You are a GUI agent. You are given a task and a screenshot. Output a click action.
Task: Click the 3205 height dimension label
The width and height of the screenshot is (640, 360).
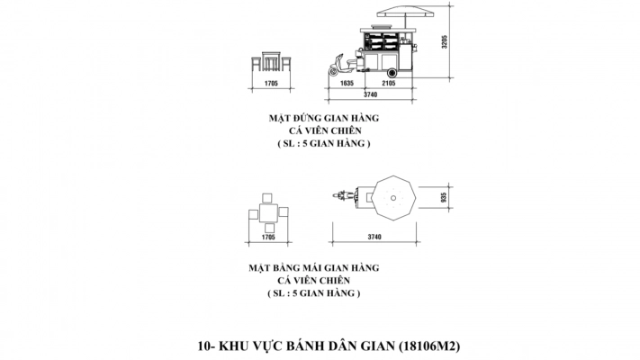(x=445, y=41)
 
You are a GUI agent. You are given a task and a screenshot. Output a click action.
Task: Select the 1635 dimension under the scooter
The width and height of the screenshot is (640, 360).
(x=347, y=84)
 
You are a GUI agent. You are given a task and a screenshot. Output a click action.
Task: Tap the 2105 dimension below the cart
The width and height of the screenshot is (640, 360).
(x=389, y=84)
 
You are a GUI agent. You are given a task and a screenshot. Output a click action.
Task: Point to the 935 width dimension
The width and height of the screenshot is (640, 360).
(x=444, y=198)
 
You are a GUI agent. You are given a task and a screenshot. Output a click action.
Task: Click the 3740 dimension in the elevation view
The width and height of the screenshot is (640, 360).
(x=371, y=94)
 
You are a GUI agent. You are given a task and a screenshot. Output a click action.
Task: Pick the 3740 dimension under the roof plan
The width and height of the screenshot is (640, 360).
(x=374, y=237)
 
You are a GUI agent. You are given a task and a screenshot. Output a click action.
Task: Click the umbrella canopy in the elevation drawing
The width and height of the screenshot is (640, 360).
(x=406, y=12)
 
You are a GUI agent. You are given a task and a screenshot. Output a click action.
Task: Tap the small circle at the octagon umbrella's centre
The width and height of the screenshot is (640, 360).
(x=393, y=198)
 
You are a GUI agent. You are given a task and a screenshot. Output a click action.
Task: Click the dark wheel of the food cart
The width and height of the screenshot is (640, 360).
(x=392, y=73)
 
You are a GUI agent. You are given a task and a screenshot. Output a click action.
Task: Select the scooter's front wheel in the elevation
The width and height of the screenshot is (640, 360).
(x=333, y=72)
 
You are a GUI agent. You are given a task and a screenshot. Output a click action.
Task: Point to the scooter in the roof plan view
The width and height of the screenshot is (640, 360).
(x=344, y=195)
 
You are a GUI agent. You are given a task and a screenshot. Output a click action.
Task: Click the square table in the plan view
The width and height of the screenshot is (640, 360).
(x=268, y=213)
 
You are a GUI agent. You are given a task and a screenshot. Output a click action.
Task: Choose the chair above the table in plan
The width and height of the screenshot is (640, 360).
(x=267, y=198)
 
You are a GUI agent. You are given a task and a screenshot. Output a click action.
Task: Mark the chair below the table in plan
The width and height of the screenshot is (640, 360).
(x=269, y=228)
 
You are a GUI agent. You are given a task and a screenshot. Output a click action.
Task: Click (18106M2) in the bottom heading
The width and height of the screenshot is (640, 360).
(x=429, y=346)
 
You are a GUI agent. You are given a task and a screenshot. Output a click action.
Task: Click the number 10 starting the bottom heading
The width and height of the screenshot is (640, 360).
(x=204, y=346)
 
